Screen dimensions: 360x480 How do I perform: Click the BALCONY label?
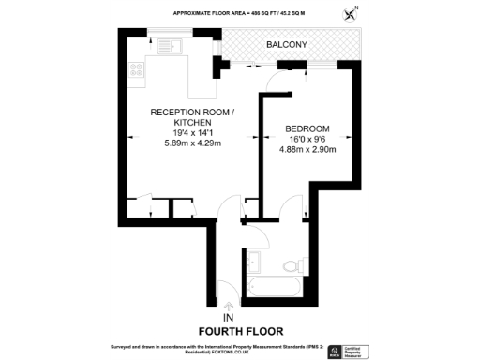pos(286,45)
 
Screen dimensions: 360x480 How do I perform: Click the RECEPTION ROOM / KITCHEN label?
pos(187,116)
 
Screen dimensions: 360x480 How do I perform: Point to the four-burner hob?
pos(135,69)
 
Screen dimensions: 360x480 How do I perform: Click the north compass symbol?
pos(352,13)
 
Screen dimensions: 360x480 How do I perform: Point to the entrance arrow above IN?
pos(228,304)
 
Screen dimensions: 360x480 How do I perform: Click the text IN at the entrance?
pos(228,317)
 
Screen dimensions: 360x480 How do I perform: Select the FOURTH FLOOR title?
pos(240,331)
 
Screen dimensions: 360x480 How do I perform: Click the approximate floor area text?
pos(240,13)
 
